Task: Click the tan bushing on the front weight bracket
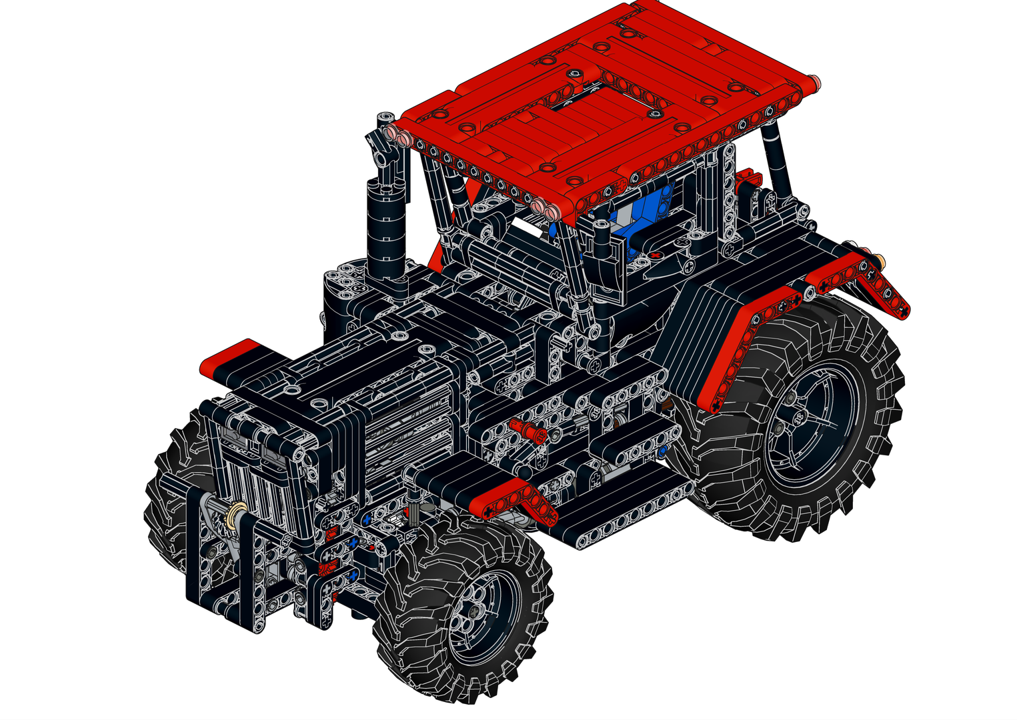click(x=235, y=514)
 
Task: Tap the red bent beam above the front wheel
click(x=514, y=497)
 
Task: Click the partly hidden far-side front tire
click(x=177, y=493)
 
